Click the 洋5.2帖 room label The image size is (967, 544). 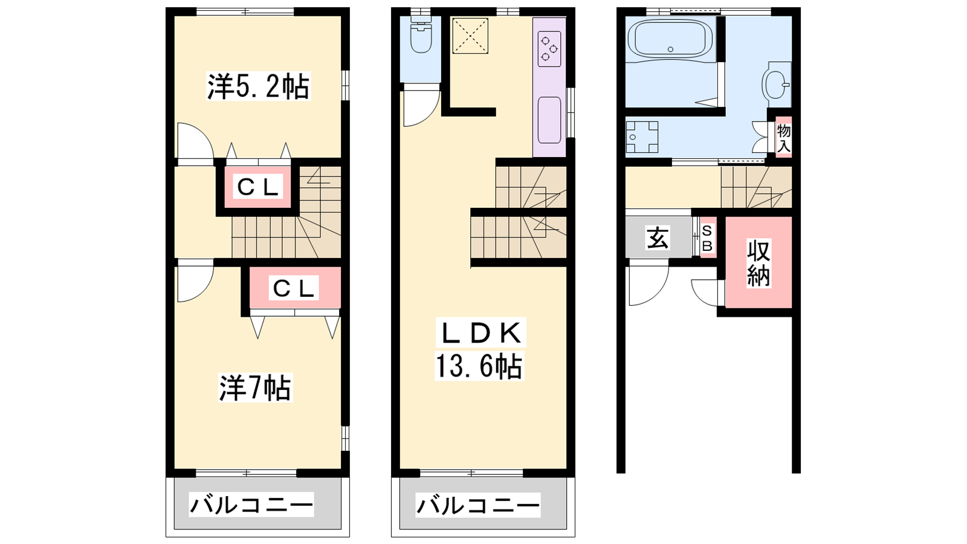258,86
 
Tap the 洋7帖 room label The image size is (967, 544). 255,387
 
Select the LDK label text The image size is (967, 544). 481,333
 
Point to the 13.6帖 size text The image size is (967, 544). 479,366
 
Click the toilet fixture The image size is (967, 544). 421,34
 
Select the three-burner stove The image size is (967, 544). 549,48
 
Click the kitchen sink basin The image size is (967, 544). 549,120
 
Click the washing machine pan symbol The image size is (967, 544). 642,137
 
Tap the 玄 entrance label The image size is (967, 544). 658,238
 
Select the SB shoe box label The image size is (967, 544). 707,238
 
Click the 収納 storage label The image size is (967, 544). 758,264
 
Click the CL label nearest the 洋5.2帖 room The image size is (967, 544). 257,187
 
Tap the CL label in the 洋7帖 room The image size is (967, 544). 294,288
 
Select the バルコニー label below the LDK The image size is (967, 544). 478,505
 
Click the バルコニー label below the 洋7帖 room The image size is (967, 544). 251,505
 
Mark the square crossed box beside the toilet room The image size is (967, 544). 470,36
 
